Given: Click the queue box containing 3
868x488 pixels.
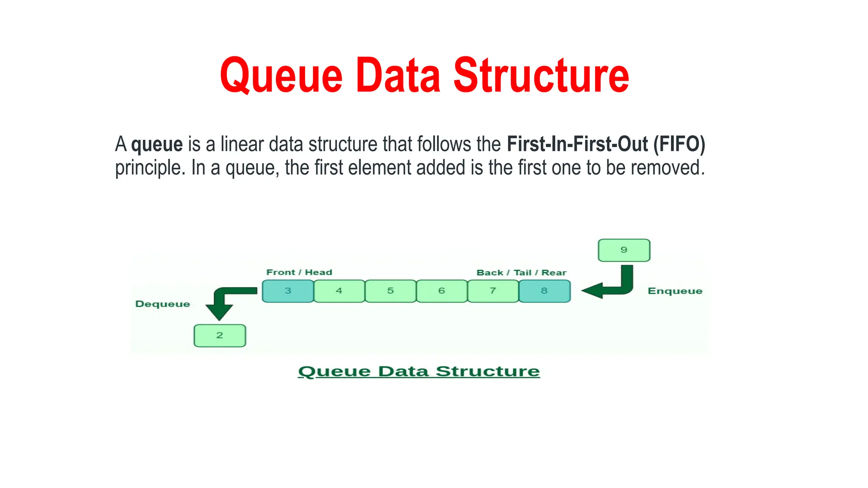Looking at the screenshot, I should point(288,291).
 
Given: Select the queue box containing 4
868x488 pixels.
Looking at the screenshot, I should point(339,291).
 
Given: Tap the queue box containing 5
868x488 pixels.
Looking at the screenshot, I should point(390,291).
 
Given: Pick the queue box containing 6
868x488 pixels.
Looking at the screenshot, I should point(442,291).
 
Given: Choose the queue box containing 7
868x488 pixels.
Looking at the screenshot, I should point(493,291).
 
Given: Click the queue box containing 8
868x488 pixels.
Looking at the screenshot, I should point(544,291).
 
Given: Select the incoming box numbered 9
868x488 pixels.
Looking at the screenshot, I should point(624,250).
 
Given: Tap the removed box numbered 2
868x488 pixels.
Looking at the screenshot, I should point(220,335).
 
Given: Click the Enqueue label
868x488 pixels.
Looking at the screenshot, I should point(675,291).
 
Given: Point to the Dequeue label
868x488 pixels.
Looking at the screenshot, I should point(162,304).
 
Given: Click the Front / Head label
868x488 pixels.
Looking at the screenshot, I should point(299,272).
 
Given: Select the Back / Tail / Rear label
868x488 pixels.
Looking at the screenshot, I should point(521,273).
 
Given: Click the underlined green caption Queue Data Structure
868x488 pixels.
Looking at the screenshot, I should point(419,372).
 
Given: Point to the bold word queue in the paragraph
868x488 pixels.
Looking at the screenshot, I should point(157,144).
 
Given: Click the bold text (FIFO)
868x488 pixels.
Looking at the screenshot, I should point(679,144).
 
